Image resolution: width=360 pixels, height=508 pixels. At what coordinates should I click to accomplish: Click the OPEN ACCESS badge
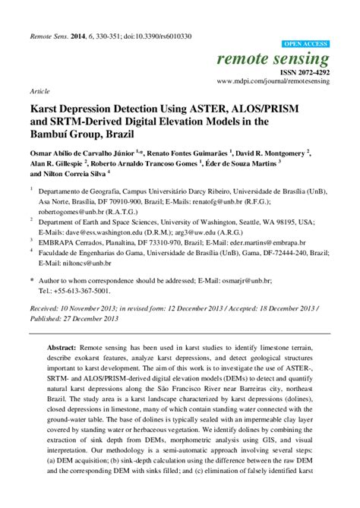(x=306, y=45)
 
